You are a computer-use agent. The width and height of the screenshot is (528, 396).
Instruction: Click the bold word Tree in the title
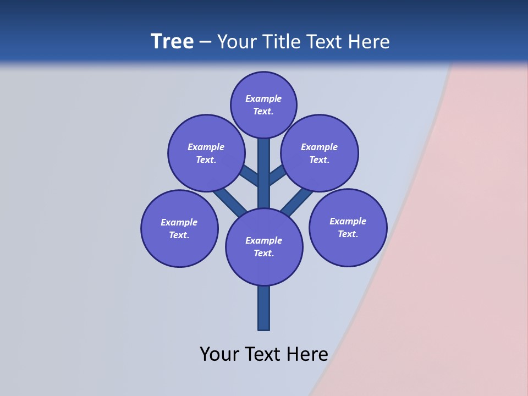(172, 42)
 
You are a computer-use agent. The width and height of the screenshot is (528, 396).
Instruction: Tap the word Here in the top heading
(370, 42)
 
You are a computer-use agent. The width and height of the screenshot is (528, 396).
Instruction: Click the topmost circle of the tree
(263, 105)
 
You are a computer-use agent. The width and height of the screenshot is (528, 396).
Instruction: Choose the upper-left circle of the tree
(206, 153)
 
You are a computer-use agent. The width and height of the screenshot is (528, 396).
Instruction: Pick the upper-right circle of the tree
(320, 153)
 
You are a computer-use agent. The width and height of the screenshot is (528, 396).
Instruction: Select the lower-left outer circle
(179, 228)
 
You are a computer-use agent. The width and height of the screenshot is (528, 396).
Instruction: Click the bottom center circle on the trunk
(264, 246)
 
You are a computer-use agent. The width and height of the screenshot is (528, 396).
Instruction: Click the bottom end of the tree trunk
(264, 328)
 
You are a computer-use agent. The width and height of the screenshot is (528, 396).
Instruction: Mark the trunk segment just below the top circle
(264, 151)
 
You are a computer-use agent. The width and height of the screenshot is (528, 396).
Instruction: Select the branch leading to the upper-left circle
(250, 176)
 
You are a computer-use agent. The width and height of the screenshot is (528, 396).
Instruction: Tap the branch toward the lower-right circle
(297, 200)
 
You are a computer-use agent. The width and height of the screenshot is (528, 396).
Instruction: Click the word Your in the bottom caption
(219, 354)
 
